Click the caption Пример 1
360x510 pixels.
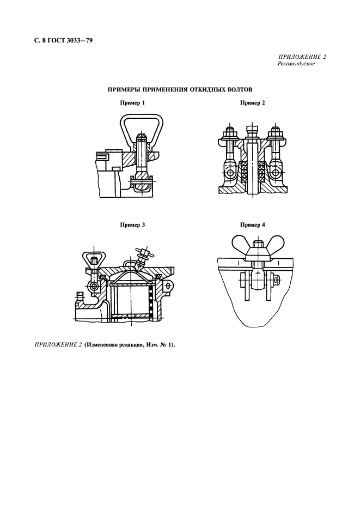click(132, 103)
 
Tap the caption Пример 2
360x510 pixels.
click(252, 103)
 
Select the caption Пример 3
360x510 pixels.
click(132, 225)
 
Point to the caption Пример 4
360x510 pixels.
click(252, 225)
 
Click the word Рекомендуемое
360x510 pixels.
click(296, 64)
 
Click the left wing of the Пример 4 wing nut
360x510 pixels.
click(240, 242)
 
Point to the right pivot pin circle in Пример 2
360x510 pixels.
click(276, 172)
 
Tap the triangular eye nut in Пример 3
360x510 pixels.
click(94, 259)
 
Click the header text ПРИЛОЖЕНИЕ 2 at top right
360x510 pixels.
click(302, 57)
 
